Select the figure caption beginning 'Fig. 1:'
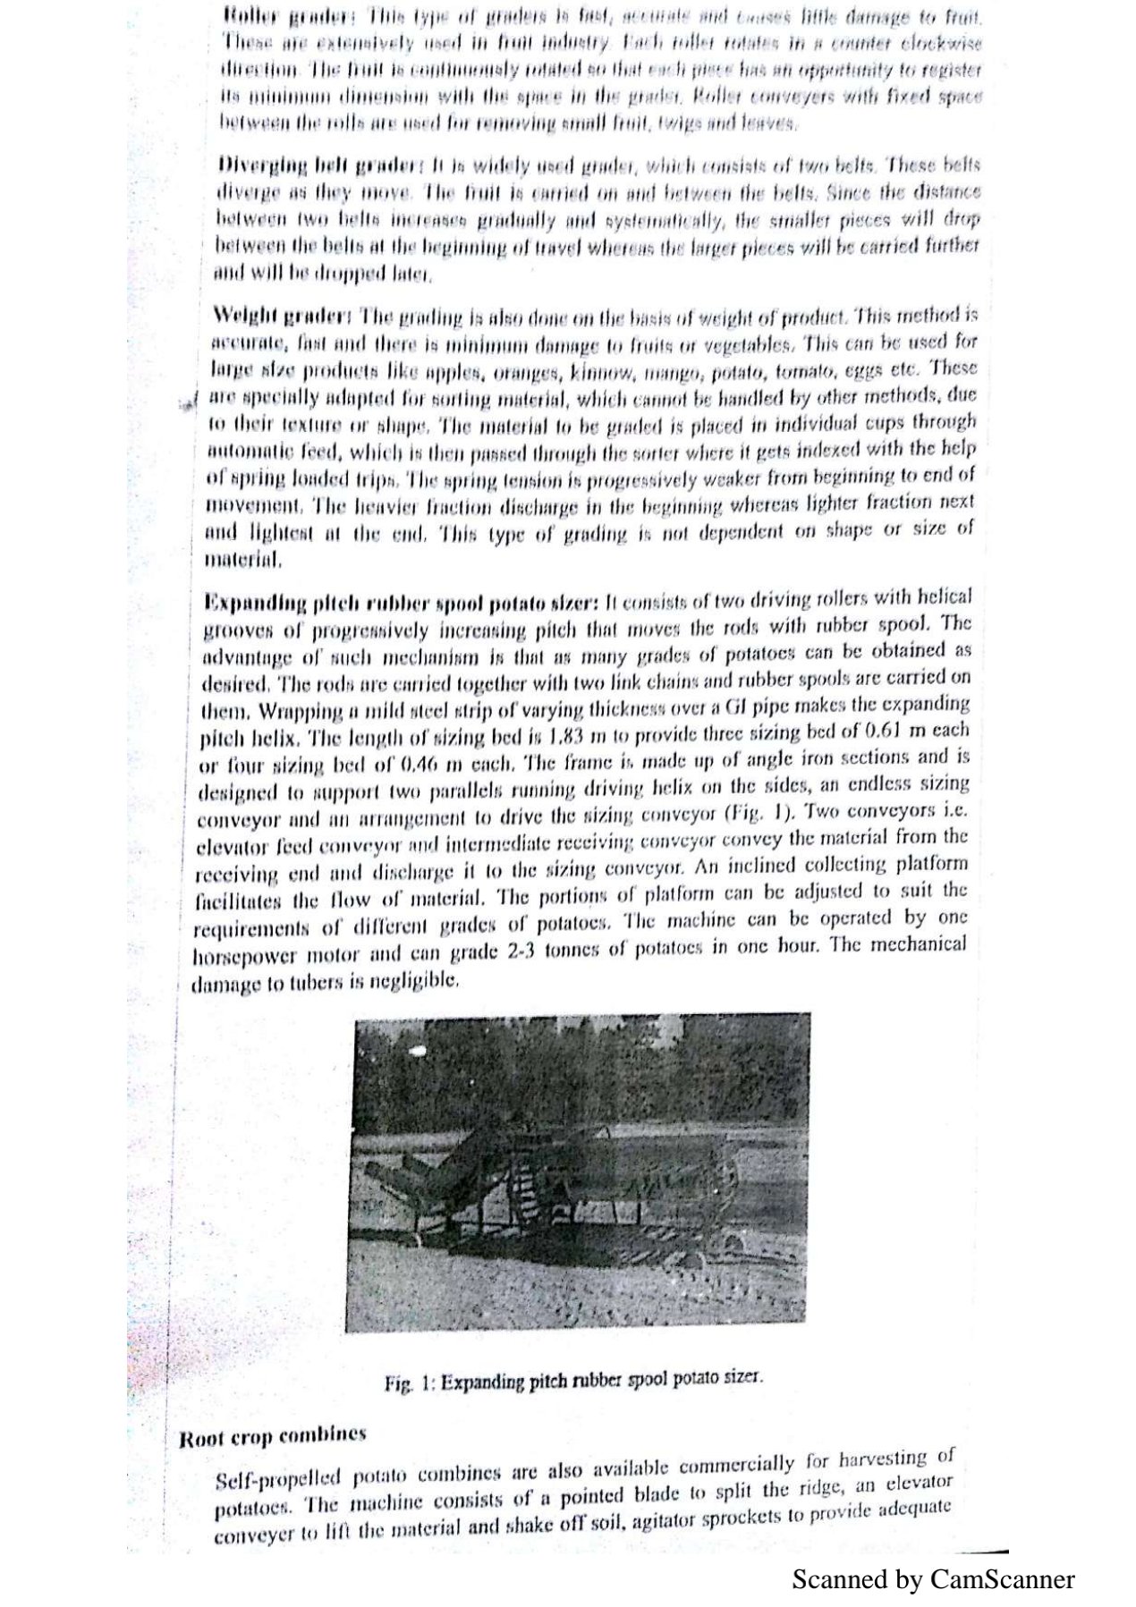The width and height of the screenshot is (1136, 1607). [x=573, y=1380]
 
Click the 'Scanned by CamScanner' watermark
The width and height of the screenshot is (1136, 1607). [x=933, y=1578]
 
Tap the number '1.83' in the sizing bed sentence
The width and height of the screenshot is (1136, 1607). [x=566, y=736]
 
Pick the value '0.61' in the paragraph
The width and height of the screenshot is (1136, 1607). [x=878, y=731]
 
